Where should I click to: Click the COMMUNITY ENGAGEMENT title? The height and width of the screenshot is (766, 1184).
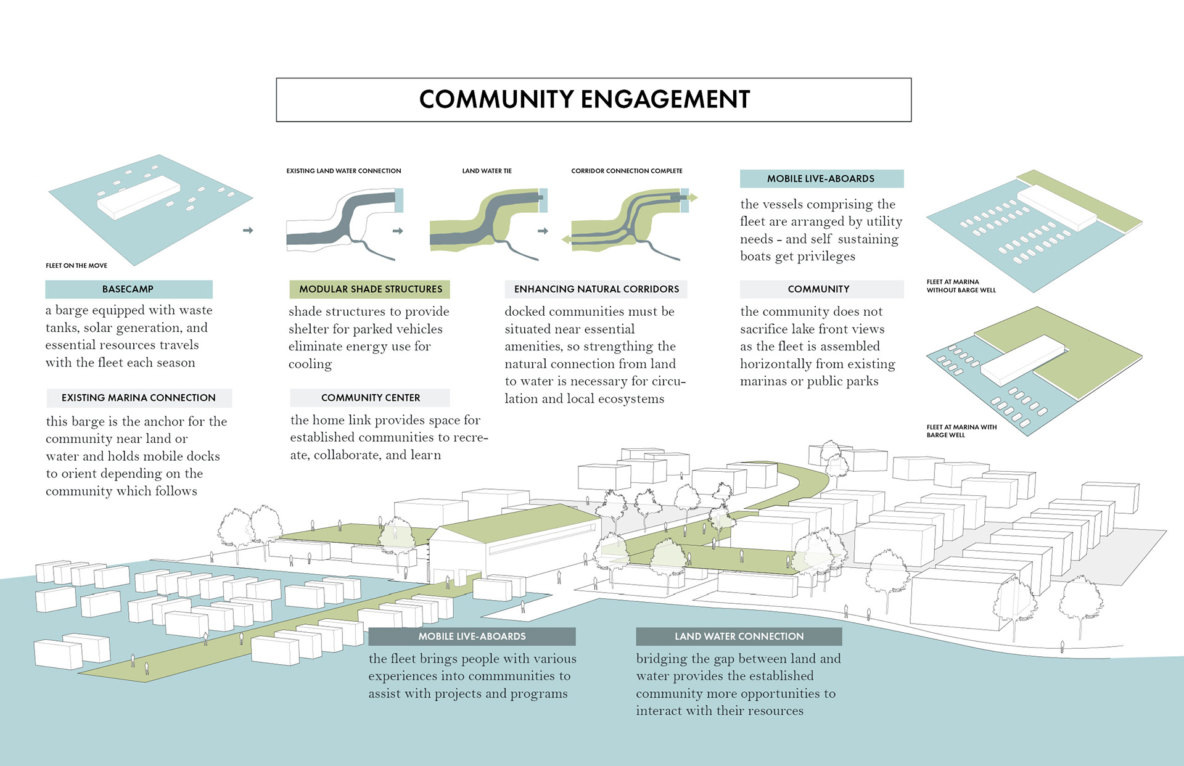(x=585, y=99)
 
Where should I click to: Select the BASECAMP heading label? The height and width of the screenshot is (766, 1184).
(x=128, y=289)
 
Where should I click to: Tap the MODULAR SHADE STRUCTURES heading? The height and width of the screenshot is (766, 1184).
(x=371, y=289)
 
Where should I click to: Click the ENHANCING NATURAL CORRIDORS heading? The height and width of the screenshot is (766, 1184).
(x=596, y=289)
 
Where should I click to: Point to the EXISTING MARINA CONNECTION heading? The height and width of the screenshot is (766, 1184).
(x=139, y=398)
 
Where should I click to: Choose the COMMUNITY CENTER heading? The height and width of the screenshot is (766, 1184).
(x=371, y=398)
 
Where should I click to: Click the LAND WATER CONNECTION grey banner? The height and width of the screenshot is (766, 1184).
(x=739, y=636)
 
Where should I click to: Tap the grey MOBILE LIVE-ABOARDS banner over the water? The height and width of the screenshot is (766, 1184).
(x=472, y=636)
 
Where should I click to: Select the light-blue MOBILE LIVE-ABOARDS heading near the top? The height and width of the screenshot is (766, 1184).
(x=821, y=179)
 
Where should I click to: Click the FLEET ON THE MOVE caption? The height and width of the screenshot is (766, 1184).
(x=76, y=266)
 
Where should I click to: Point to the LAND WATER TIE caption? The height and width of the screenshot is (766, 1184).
(x=487, y=171)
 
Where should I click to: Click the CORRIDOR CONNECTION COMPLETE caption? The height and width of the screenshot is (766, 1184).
(x=627, y=171)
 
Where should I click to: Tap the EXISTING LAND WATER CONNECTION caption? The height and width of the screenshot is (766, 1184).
(x=343, y=171)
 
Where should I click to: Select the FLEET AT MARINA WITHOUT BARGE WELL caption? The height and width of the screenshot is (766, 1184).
(x=961, y=286)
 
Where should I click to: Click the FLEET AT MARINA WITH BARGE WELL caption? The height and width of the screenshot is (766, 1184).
(x=961, y=431)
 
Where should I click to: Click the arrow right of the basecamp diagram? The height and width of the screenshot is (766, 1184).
(x=248, y=231)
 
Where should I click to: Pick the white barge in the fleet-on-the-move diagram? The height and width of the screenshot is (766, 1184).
(x=139, y=196)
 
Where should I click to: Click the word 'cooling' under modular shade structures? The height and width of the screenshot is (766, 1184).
(x=310, y=364)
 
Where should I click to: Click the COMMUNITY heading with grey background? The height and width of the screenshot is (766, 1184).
(x=818, y=289)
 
